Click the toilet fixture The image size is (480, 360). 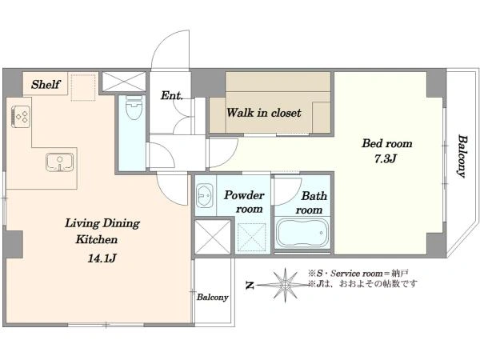pyautogui.click(x=134, y=107)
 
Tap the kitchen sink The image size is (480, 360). pyautogui.click(x=60, y=162)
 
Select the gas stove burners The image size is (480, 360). pyautogui.click(x=21, y=116)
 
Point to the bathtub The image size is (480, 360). pyautogui.click(x=302, y=234)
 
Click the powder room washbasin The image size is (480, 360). pyautogui.click(x=204, y=194)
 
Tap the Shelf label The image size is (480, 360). pyautogui.click(x=46, y=84)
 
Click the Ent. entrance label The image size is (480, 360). pyautogui.click(x=172, y=95)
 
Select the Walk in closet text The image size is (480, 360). pyautogui.click(x=264, y=113)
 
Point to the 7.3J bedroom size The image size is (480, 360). pyautogui.click(x=386, y=158)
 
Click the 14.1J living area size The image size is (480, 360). pyautogui.click(x=102, y=258)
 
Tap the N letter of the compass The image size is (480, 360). pyautogui.click(x=250, y=286)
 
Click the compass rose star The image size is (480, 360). pyautogui.click(x=285, y=286)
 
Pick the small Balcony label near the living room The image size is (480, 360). pyautogui.click(x=213, y=297)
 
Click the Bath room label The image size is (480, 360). pyautogui.click(x=311, y=202)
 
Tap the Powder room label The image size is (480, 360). pyautogui.click(x=244, y=202)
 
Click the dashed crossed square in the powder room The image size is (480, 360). pyautogui.click(x=252, y=238)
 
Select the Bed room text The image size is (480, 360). pyautogui.click(x=387, y=143)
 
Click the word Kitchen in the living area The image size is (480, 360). pyautogui.click(x=97, y=239)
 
